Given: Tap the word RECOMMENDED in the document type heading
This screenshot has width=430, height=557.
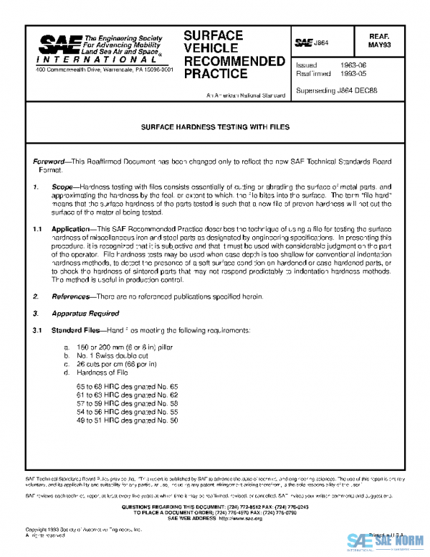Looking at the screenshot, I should [x=234, y=61].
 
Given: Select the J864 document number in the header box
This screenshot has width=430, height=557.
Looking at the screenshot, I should [x=320, y=43].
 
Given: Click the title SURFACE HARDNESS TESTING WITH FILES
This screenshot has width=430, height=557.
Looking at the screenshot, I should [x=214, y=126].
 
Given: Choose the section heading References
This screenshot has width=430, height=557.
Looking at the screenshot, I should [x=71, y=296].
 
